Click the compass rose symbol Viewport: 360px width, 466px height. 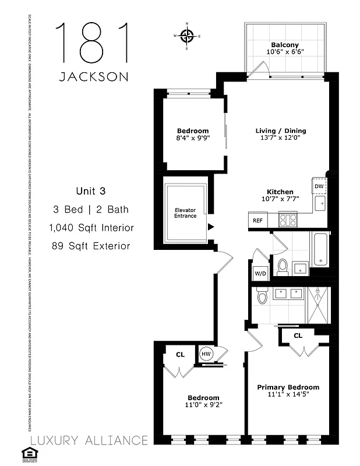click(187, 36)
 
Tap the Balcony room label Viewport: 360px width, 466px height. click(284, 45)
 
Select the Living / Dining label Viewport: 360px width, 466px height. click(281, 131)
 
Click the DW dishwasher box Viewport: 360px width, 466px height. click(319, 186)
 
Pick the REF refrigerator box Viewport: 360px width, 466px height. click(257, 221)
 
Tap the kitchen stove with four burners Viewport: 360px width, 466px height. click(288, 220)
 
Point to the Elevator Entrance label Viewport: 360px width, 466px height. click(186, 213)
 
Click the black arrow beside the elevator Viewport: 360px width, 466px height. click(212, 227)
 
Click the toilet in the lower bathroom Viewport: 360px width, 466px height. click(262, 298)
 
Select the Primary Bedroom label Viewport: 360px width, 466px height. click(288, 387)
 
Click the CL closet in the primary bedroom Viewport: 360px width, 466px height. click(298, 336)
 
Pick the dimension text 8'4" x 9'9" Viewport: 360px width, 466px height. click(192, 139)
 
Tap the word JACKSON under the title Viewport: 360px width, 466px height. click(94, 77)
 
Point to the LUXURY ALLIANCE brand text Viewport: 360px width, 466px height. click(89, 440)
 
